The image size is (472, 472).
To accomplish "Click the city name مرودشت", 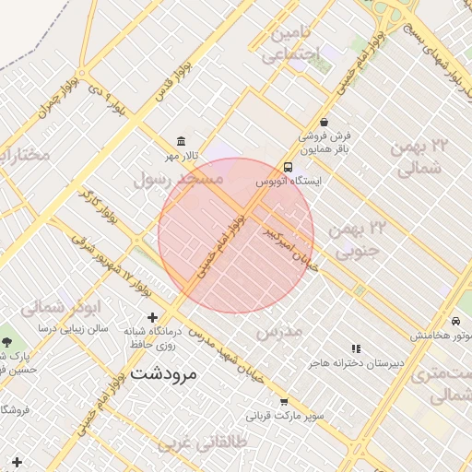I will point(164,374).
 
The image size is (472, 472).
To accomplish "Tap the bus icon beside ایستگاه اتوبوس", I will point(289,168).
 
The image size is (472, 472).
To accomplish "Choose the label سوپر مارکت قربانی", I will point(291,416).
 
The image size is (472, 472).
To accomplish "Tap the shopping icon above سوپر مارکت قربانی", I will point(284,402).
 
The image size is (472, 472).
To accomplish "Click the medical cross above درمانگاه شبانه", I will point(153,318).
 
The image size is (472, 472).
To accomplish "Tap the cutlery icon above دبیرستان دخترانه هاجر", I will point(357,348).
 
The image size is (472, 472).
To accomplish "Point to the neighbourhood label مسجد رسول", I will point(179,179).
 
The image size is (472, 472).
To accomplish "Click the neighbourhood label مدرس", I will point(279,331).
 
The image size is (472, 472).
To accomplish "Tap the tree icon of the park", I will point(7,341).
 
